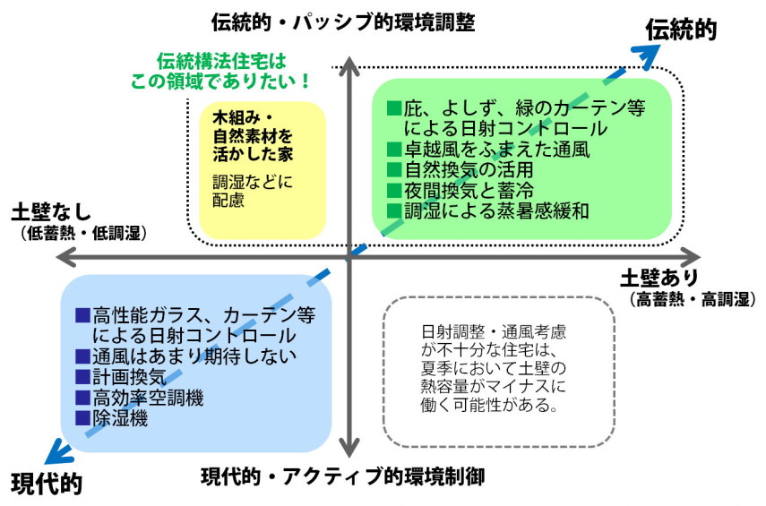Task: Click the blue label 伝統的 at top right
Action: point(682,30)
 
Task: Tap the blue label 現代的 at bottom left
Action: point(47,484)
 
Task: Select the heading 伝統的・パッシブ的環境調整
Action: point(343,20)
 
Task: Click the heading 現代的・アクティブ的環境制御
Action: point(343,476)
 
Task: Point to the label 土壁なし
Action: point(51,213)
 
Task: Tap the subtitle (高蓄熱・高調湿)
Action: point(691,296)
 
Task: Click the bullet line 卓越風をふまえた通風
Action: point(487,149)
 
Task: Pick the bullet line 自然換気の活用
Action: point(460,169)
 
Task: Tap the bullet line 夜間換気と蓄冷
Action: point(460,190)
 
